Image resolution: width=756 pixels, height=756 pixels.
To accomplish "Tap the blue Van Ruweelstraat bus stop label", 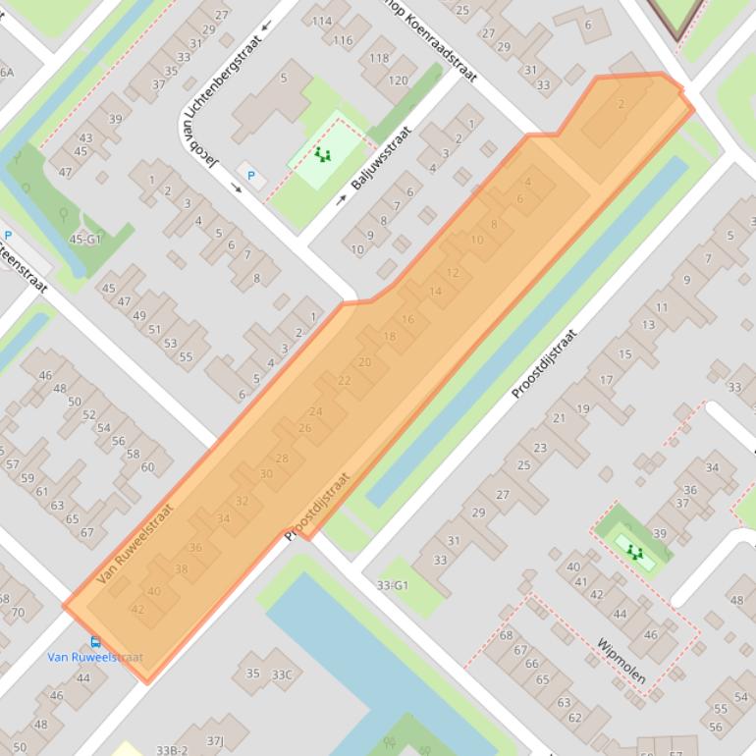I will [94, 658].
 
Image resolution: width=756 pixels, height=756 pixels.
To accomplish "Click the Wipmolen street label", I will [621, 661].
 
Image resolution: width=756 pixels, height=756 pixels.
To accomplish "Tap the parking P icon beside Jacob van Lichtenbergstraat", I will [251, 176].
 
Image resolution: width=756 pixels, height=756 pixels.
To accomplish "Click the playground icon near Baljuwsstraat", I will [321, 155].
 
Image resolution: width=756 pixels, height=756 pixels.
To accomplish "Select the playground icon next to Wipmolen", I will [634, 552].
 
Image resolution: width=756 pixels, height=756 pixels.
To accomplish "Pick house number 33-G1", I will [392, 585].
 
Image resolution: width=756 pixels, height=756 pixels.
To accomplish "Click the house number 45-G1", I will [84, 239].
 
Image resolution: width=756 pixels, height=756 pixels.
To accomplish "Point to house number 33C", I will [282, 675].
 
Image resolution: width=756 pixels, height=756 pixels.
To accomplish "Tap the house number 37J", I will [215, 740].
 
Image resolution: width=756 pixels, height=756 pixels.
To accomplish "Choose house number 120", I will [398, 81].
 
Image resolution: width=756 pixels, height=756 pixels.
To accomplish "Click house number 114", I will [321, 22].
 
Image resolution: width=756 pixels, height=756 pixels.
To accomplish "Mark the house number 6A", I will [7, 73].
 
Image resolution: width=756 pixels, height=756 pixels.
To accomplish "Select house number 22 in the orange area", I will [344, 380].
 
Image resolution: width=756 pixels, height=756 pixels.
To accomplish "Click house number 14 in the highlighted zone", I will [435, 291].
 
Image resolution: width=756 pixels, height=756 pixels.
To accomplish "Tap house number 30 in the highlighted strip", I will [266, 473].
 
